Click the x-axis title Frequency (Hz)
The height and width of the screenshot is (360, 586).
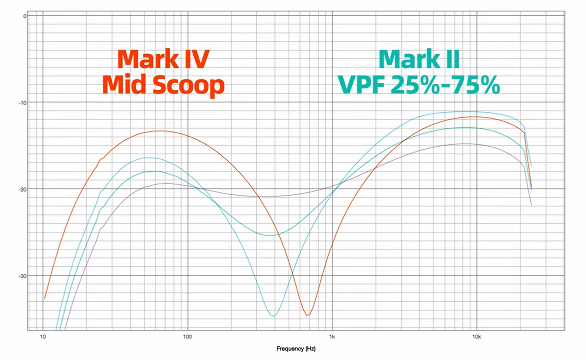point(296,349)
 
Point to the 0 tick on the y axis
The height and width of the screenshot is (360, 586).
point(25,16)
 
